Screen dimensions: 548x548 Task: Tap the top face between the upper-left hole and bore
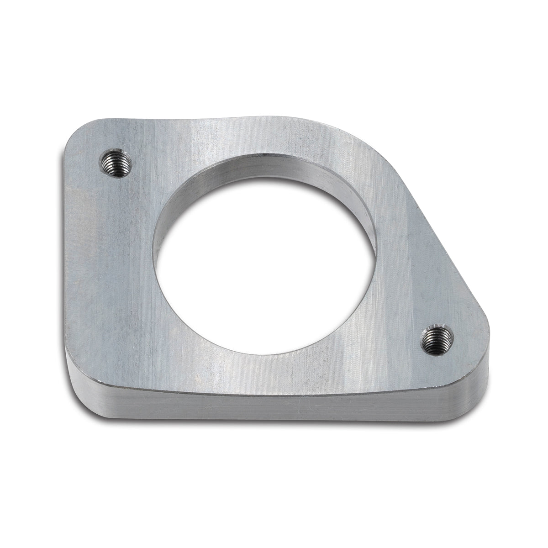pos(146,183)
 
